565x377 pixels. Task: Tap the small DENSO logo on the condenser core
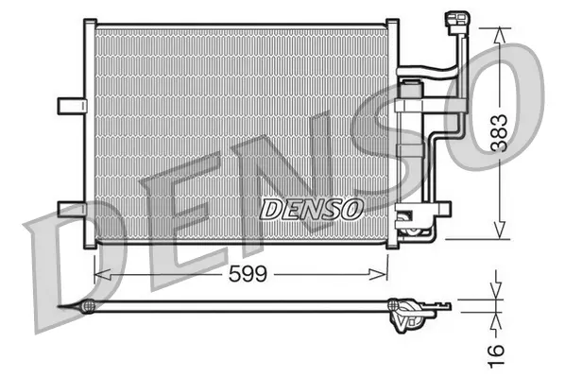point(310,207)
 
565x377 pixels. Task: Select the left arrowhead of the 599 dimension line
point(100,274)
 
